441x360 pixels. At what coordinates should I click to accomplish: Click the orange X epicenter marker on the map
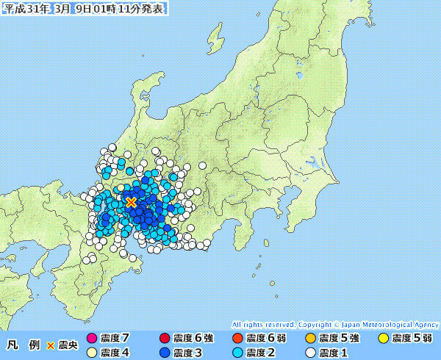pyautogui.click(x=131, y=202)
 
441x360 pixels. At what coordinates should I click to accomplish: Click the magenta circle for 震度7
pyautogui.click(x=92, y=338)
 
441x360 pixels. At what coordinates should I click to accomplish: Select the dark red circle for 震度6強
pyautogui.click(x=164, y=338)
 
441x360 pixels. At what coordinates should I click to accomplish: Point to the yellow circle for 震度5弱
pyautogui.click(x=383, y=338)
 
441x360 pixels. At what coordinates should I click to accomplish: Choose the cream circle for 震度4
pyautogui.click(x=92, y=353)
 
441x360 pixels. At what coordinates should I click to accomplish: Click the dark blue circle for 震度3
pyautogui.click(x=164, y=353)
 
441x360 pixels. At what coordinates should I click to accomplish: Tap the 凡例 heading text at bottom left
pyautogui.click(x=23, y=345)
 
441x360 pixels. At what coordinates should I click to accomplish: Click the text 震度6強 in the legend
pyautogui.click(x=192, y=338)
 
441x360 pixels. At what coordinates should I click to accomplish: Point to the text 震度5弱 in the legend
pyautogui.click(x=412, y=338)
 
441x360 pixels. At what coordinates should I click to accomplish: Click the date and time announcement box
pyautogui.click(x=85, y=9)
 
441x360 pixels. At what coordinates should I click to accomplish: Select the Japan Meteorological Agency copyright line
pyautogui.click(x=335, y=324)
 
